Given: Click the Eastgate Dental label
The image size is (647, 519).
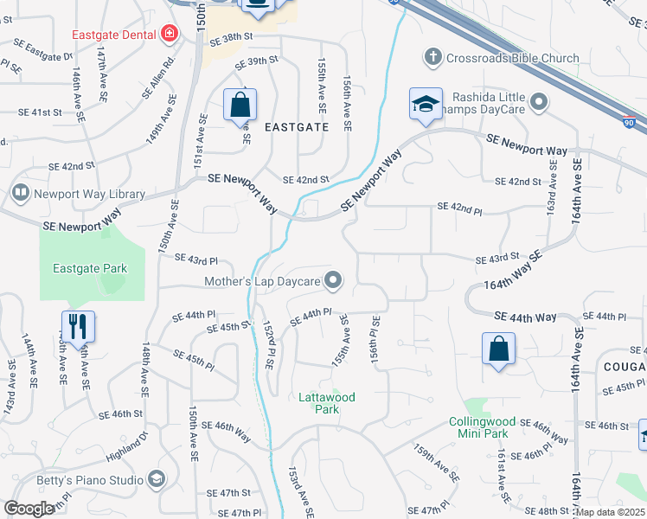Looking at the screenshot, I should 114,34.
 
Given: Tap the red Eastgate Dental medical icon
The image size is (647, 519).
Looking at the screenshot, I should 170,34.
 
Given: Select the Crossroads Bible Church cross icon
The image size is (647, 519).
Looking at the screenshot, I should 432,58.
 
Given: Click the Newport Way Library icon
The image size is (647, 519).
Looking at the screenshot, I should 20,193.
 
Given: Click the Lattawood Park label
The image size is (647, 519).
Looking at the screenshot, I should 326,403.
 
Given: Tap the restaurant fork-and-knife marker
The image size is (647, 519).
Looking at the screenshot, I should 77,327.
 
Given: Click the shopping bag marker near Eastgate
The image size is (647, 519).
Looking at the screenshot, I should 240,106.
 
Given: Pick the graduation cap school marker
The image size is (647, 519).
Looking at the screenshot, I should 426,104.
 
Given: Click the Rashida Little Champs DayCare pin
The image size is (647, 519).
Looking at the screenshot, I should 540,104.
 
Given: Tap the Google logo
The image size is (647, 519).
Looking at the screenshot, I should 29,509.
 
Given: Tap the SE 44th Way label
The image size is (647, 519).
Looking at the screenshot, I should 525,317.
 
